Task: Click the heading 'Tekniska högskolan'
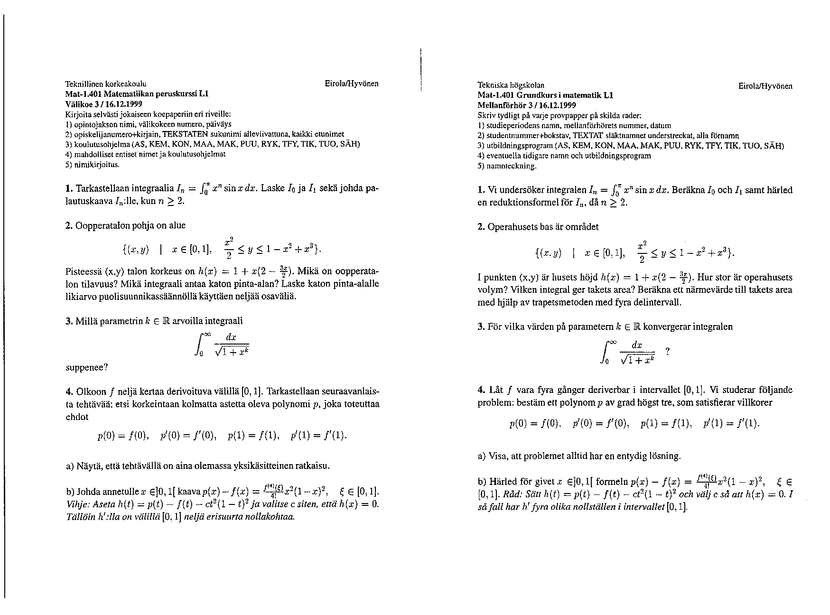point(511,85)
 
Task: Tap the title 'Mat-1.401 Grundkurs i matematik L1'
point(545,95)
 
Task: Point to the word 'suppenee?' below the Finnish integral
point(86,367)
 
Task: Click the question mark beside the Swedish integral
point(667,352)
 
